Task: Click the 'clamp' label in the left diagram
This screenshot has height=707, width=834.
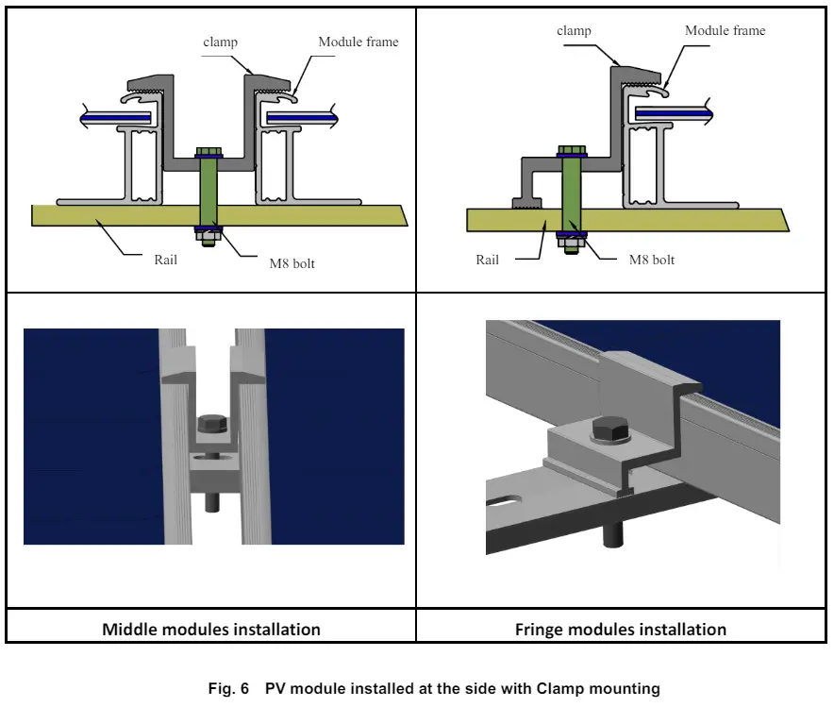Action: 219,42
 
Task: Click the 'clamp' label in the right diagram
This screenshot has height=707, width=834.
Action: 574,31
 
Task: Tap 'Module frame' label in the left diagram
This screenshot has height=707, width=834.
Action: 358,42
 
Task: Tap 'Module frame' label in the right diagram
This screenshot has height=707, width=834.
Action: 725,31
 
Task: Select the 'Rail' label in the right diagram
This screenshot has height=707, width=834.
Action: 487,259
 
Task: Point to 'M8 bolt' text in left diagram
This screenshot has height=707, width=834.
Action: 292,263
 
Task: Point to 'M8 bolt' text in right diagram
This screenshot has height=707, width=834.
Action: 652,259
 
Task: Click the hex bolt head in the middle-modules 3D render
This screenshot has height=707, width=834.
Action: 212,425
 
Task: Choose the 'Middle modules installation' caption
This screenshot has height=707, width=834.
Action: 211,629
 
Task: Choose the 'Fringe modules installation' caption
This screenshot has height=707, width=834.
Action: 620,629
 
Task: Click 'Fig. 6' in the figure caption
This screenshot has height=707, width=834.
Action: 228,689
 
